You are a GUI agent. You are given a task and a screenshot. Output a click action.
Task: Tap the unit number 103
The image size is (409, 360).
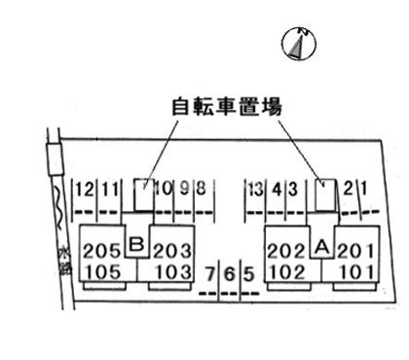174,271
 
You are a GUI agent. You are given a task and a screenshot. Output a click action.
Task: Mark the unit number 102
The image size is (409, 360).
288,271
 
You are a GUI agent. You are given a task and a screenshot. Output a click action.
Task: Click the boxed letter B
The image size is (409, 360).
137,243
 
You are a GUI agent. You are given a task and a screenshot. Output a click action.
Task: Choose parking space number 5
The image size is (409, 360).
249,274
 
